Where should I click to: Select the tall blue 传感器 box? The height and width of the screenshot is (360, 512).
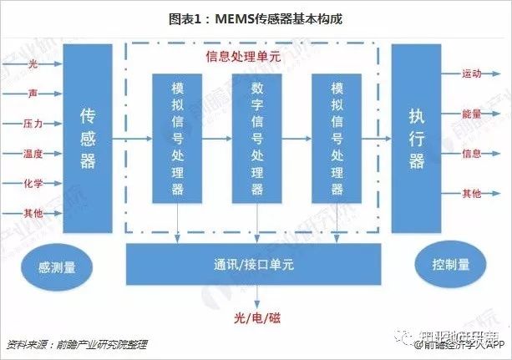coord(87,139)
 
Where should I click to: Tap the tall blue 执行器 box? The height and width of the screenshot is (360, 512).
coord(415,139)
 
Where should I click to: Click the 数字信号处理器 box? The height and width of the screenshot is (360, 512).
coord(256,139)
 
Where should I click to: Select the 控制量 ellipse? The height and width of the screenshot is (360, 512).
coord(451,265)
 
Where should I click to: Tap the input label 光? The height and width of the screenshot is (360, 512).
coord(33,63)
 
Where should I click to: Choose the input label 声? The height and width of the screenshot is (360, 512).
coord(33,94)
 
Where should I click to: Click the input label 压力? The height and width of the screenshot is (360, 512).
coord(33,123)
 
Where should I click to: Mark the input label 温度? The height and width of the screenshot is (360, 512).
coord(33,153)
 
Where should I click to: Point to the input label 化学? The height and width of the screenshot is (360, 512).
coord(33,183)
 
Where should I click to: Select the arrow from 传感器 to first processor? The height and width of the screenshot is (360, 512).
coord(132,139)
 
